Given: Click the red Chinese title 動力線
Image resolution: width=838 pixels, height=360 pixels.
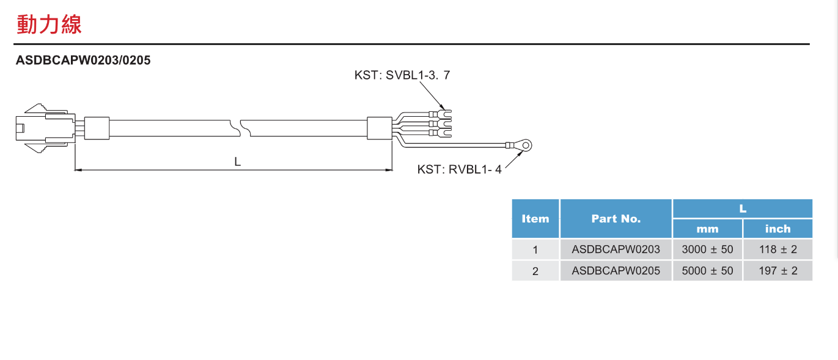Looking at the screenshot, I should pyautogui.click(x=49, y=24).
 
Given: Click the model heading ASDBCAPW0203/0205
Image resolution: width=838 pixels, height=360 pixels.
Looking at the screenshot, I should pyautogui.click(x=83, y=61).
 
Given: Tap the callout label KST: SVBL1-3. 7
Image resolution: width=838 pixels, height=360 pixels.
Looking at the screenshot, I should pyautogui.click(x=402, y=75).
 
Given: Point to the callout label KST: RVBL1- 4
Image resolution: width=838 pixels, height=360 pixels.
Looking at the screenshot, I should pyautogui.click(x=459, y=169).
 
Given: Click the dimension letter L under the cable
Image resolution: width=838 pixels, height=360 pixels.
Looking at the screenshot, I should pyautogui.click(x=237, y=161).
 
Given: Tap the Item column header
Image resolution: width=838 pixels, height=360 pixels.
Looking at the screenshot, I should pyautogui.click(x=535, y=218).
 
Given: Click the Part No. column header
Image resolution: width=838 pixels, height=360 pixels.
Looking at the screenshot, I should pyautogui.click(x=616, y=218).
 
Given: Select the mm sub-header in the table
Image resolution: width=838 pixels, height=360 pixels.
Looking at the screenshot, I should pyautogui.click(x=707, y=229).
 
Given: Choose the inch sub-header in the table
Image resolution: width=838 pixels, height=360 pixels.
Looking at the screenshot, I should pyautogui.click(x=777, y=229).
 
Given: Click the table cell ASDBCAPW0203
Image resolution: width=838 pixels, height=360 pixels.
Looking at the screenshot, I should pyautogui.click(x=616, y=249).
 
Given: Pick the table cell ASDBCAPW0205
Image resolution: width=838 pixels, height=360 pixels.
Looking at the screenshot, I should pyautogui.click(x=616, y=271).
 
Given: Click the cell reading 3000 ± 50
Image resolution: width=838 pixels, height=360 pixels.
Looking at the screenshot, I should pyautogui.click(x=707, y=249).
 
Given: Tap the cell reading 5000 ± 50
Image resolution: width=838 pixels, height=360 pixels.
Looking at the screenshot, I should pyautogui.click(x=707, y=271).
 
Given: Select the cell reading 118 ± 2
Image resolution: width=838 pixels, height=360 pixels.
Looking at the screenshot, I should pyautogui.click(x=777, y=249).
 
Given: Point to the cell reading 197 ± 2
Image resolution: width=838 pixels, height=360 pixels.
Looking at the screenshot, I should pyautogui.click(x=777, y=271).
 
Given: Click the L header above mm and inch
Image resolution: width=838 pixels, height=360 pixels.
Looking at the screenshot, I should pyautogui.click(x=743, y=208).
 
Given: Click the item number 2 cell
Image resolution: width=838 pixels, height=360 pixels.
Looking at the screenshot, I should pyautogui.click(x=535, y=271).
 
